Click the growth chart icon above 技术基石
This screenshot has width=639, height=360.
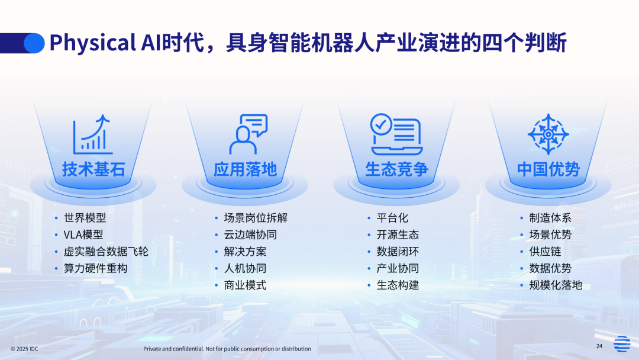(x=92, y=134)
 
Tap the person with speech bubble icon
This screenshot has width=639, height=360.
(x=248, y=134)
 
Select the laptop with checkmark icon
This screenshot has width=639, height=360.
(x=396, y=134)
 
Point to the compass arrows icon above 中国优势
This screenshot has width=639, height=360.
(x=548, y=134)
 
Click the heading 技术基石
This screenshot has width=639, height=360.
(x=93, y=169)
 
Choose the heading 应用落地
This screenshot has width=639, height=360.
(x=246, y=169)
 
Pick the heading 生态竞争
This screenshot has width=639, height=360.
(x=396, y=169)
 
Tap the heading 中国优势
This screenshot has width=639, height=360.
(x=548, y=169)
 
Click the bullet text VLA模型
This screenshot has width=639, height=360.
(x=83, y=235)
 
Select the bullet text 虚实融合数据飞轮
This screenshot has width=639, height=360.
(x=106, y=252)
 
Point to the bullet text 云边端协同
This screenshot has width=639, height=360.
(x=251, y=235)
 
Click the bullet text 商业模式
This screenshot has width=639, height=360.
(x=246, y=285)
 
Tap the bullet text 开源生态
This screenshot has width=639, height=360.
(x=398, y=235)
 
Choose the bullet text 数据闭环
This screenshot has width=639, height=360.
(x=398, y=252)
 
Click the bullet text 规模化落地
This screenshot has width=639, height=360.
(x=556, y=285)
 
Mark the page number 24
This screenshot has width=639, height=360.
(x=599, y=346)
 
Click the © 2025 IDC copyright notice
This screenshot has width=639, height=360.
(x=24, y=349)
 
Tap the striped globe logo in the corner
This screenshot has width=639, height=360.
(x=622, y=343)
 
